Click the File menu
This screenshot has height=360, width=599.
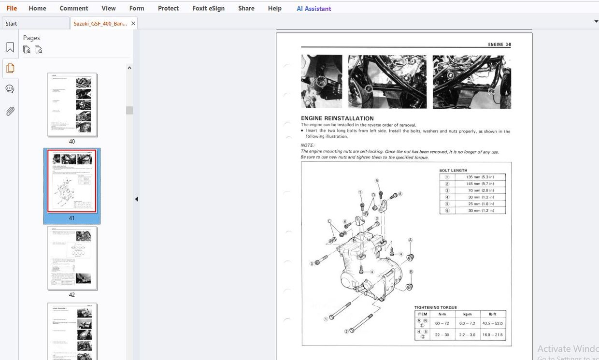point(12,8)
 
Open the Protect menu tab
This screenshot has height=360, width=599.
point(168,8)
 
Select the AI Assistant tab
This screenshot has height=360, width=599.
point(314,9)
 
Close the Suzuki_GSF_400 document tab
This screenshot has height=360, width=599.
point(133,23)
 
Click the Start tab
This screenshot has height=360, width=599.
point(12,23)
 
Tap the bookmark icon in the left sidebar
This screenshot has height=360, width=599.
point(10,47)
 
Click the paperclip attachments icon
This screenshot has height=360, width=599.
point(10,111)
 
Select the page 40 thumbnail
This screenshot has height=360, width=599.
point(72,105)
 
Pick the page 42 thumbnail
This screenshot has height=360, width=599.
point(72,258)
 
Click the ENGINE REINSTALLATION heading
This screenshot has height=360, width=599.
point(337,118)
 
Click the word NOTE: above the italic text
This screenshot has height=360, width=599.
point(307,145)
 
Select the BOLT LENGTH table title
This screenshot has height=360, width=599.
point(453,171)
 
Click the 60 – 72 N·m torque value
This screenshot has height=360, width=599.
point(442,323)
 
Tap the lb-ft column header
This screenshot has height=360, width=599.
point(492,314)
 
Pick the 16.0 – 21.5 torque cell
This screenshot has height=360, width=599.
point(492,335)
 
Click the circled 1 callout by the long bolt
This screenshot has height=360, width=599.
point(326,319)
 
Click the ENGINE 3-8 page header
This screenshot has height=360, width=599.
point(499,44)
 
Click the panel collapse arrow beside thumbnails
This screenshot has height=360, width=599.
point(136,199)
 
